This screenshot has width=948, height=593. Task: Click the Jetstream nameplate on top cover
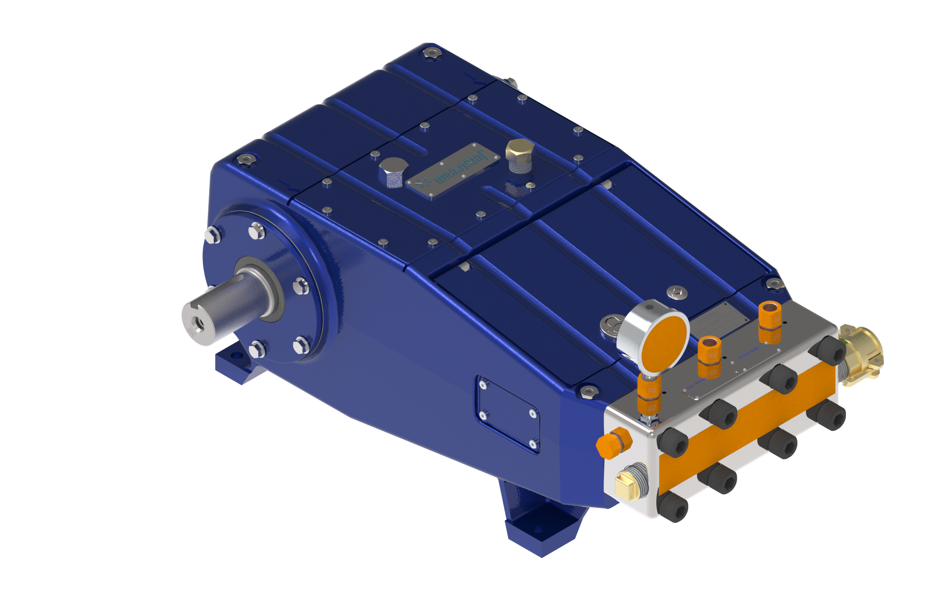tap(452, 171)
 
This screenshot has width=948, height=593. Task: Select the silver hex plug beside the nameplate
tap(393, 171)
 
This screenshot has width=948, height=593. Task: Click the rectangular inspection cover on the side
tap(508, 414)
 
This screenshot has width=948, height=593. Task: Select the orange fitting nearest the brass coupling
tap(770, 321)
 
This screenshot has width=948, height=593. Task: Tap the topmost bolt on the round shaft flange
tap(257, 230)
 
